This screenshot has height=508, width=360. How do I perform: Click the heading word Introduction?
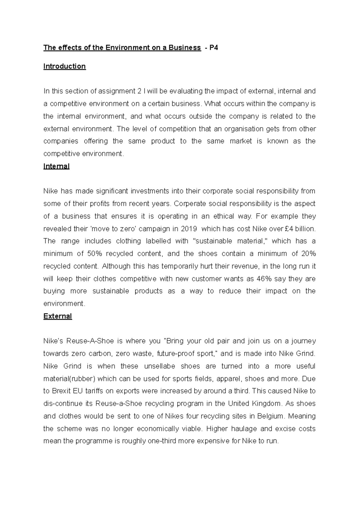click(x=64, y=66)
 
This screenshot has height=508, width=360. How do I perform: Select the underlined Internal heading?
click(x=56, y=166)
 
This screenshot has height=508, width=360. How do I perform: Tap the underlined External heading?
click(x=58, y=316)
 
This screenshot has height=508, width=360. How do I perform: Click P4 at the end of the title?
click(x=214, y=48)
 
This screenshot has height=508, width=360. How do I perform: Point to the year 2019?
click(x=189, y=229)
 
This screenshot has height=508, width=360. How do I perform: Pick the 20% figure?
click(x=308, y=254)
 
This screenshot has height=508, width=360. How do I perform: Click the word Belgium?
click(x=269, y=416)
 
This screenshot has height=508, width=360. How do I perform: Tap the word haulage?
click(x=244, y=429)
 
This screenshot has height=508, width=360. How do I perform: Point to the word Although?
click(x=116, y=266)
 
